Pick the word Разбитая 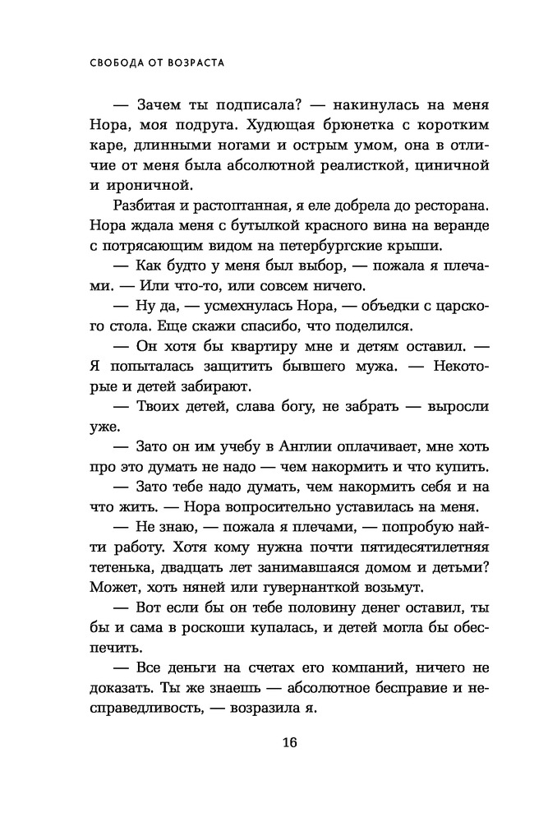pyautogui.click(x=140, y=205)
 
